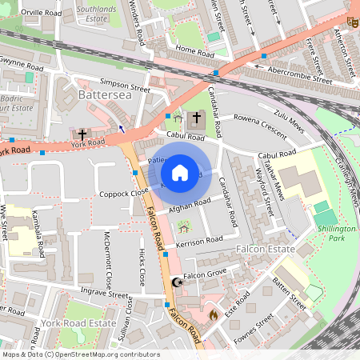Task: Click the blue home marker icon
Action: pos(180,171)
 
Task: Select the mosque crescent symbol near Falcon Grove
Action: pos(177,282)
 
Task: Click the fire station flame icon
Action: pos(213,315)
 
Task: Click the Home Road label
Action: pos(196,51)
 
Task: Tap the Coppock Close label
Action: pos(124,192)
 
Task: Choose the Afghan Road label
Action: pos(189,206)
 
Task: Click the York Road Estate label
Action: pos(73,322)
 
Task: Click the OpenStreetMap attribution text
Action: pos(80,354)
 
